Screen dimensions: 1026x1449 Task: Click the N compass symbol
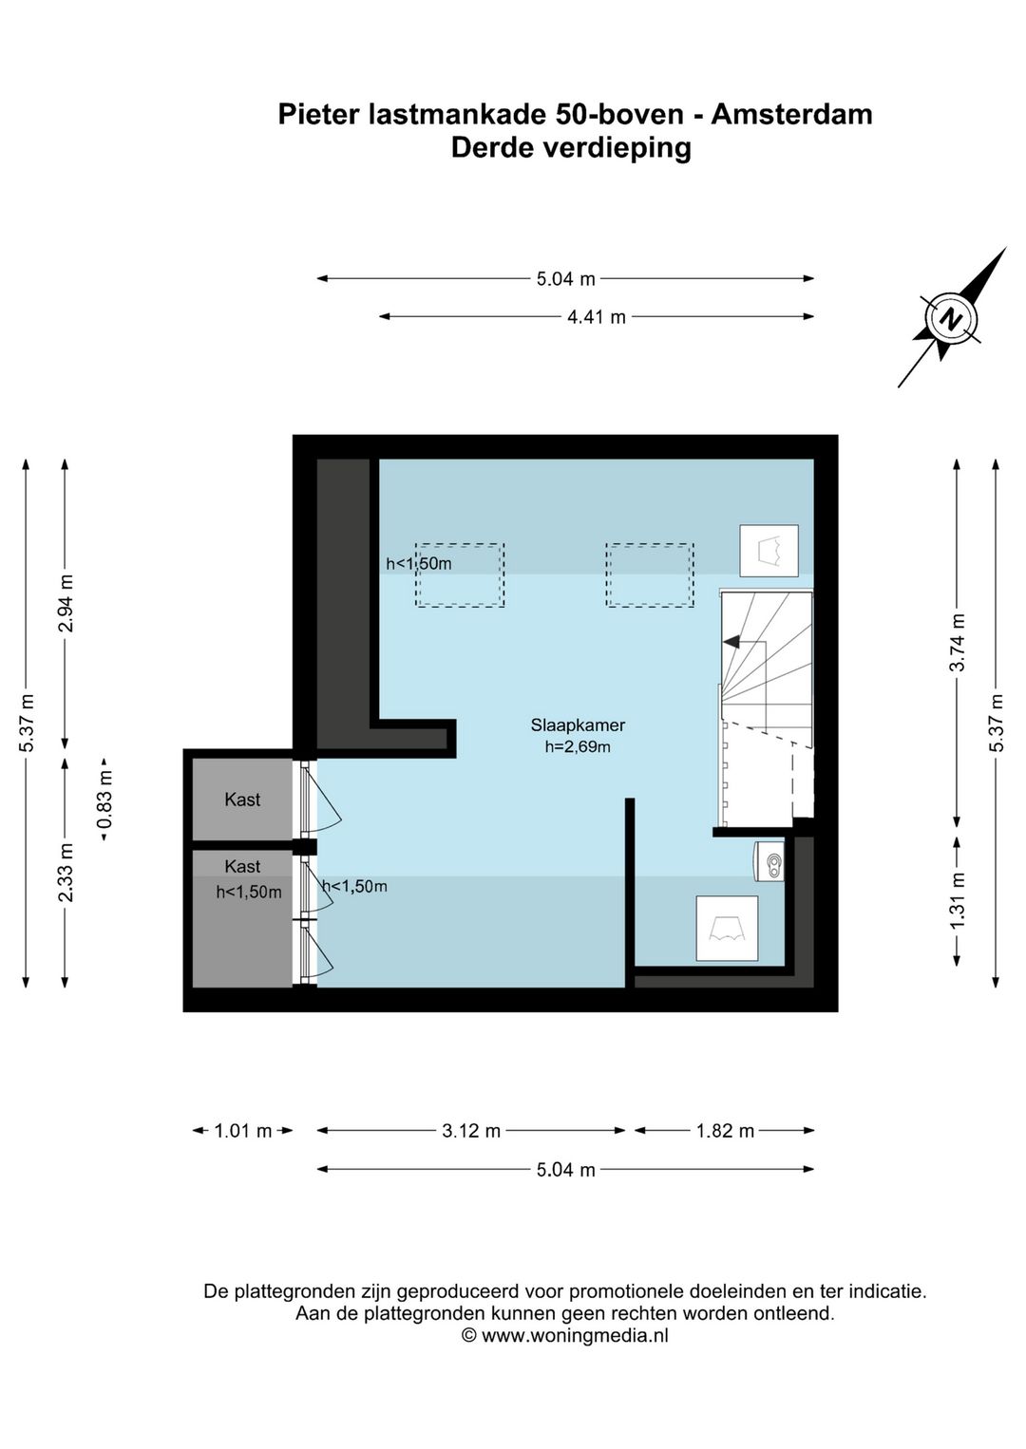(x=950, y=318)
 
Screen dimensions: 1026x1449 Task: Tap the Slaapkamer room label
(x=578, y=725)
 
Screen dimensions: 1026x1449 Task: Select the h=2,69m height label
(x=578, y=747)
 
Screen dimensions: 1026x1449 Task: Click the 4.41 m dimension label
(x=597, y=317)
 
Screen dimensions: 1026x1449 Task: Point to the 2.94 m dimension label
(x=66, y=603)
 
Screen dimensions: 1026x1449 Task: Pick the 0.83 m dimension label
(x=104, y=800)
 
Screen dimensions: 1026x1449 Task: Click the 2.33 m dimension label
(x=66, y=874)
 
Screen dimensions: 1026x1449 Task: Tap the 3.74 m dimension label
(x=958, y=642)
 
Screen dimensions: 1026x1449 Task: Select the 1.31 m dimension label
(x=958, y=900)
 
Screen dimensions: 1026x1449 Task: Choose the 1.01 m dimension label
(x=243, y=1131)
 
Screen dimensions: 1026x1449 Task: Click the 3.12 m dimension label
(x=471, y=1131)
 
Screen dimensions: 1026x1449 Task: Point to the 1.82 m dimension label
(x=725, y=1131)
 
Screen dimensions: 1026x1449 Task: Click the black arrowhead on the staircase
(x=731, y=642)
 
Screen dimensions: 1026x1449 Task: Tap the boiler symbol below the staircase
(x=769, y=861)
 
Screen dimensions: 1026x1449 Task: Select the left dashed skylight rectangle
(x=460, y=575)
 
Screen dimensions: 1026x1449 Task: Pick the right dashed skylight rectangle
(x=650, y=575)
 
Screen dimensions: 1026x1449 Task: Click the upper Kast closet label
(x=243, y=800)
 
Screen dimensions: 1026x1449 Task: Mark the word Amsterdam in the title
(x=791, y=115)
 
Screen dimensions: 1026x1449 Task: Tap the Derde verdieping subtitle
(x=571, y=148)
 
